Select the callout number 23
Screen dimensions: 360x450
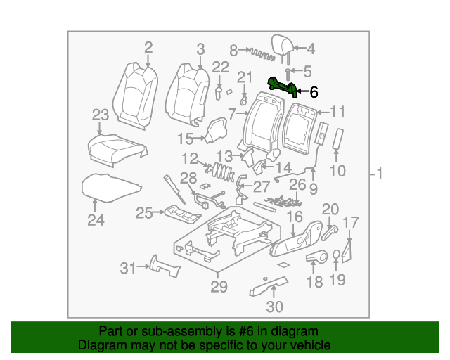tap(101, 115)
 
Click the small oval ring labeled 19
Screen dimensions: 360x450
tap(337, 255)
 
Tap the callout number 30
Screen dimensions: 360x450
tap(274, 307)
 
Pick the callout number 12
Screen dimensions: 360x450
tap(190, 158)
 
